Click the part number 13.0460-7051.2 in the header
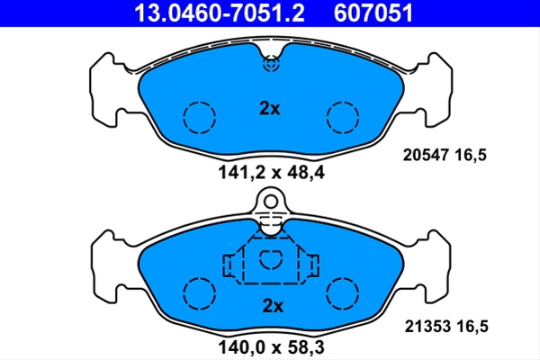click(220, 13)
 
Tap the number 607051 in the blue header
click(373, 13)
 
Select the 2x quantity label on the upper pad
click(270, 109)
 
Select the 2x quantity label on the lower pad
click(273, 306)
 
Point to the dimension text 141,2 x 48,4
click(272, 173)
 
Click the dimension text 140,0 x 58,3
click(272, 347)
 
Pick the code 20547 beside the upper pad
click(426, 155)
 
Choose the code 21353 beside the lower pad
click(427, 326)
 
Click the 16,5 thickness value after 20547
click(471, 156)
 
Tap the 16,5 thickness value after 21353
click(472, 327)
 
